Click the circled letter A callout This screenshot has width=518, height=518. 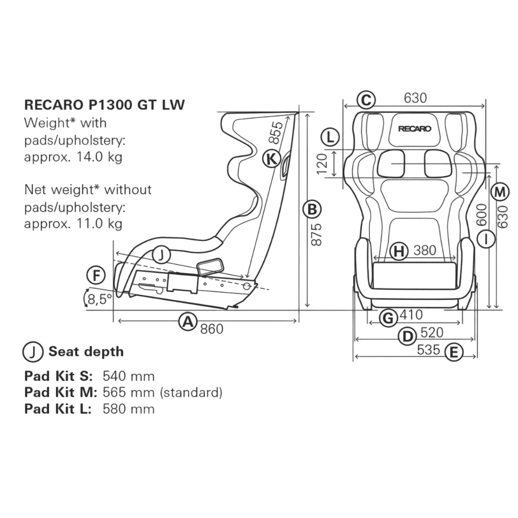coord(188,322)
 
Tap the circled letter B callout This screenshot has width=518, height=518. coord(312,209)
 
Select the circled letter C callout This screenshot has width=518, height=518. coord(366,99)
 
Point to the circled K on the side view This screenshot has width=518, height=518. coord(271,159)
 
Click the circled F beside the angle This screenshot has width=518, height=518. coord(96,276)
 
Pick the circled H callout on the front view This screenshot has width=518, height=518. coord(399,251)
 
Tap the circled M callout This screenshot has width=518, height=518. coord(500,191)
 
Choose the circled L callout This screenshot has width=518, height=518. coord(330,137)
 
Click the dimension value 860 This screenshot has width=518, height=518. coord(212,329)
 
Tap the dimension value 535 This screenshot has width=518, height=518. coord(429,349)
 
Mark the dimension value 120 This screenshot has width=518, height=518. coord(322,164)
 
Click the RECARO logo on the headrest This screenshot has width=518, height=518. coord(415,129)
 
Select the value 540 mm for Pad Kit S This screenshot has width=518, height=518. coord(128,376)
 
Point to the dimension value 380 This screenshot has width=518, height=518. coord(425,251)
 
